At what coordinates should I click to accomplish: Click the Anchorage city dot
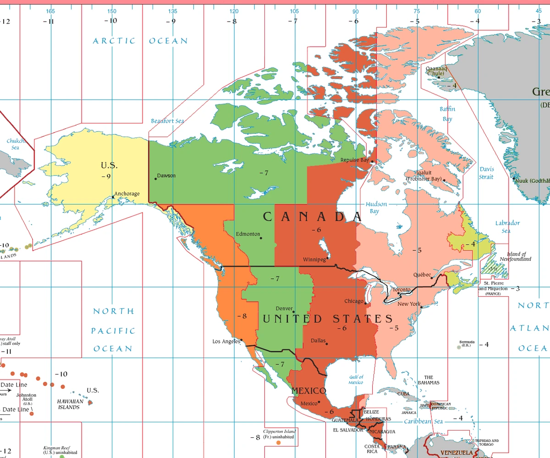pos(113,198)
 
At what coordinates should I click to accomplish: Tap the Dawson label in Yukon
pos(166,176)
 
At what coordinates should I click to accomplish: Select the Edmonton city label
pos(248,234)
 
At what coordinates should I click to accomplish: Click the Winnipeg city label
pos(314,259)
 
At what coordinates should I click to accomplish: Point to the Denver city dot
pos(293,312)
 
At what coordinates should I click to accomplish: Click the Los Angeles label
pos(226,341)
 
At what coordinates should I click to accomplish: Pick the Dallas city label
pos(318,341)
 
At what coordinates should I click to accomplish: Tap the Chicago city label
pos(353,301)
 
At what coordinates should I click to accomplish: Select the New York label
pos(409,304)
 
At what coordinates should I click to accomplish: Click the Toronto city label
pos(401,290)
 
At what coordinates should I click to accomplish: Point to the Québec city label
pos(422,275)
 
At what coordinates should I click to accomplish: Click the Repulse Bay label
pos(355,160)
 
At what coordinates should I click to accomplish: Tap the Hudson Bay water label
pos(376,208)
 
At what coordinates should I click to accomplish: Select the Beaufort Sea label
pos(167,121)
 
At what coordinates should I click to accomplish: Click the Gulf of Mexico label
pos(356,380)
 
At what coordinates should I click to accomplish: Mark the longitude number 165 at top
pos(50,11)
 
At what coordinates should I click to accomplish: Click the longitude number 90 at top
pos(356,11)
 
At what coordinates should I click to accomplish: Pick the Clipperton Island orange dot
pos(278,443)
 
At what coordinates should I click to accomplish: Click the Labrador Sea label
pos(507,226)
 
